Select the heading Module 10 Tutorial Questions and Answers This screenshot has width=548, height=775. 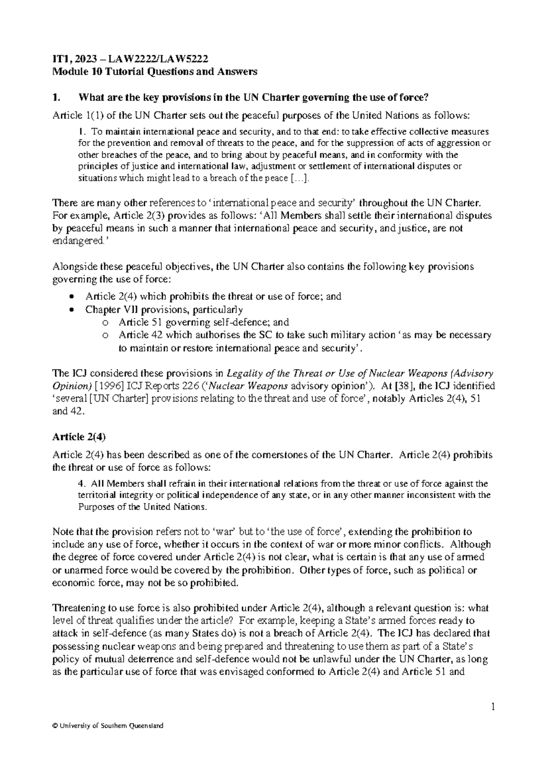tap(155, 71)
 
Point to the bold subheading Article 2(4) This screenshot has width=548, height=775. tap(79, 436)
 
